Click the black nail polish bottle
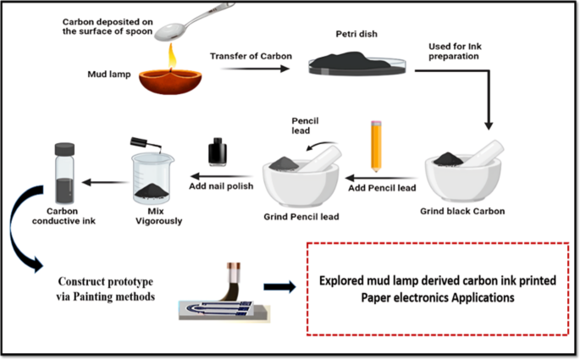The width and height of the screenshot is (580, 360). pos(218,152)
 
